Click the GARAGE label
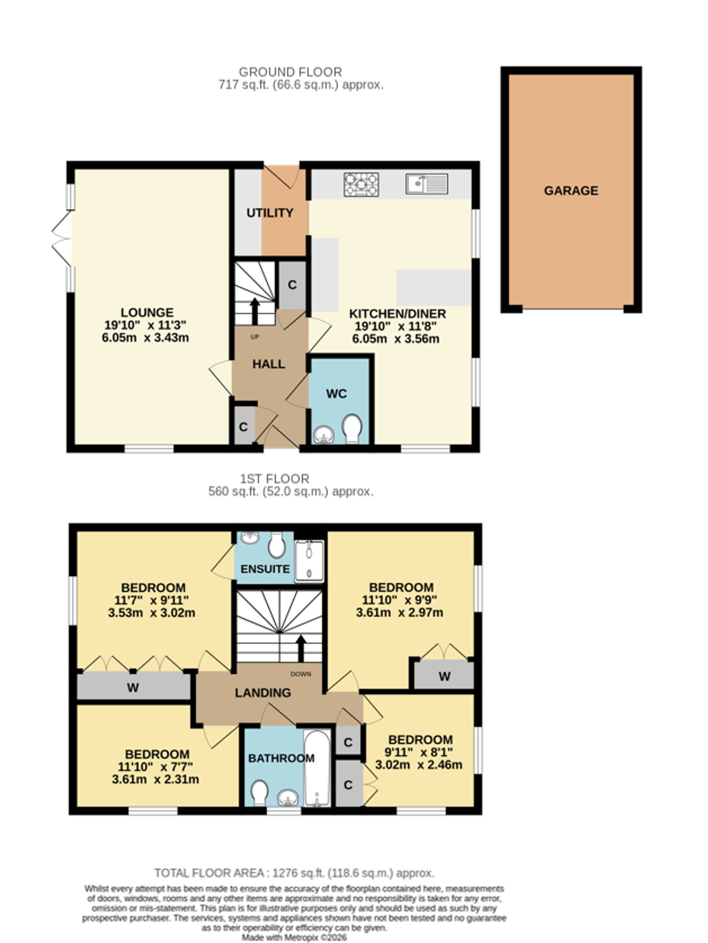[x=571, y=191]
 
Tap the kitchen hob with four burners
[x=361, y=184]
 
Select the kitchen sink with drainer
[x=427, y=184]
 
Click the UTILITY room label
[x=270, y=213]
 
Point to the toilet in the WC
[x=352, y=429]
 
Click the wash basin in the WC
[x=324, y=435]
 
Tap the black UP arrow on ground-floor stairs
[x=255, y=312]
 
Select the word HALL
[x=269, y=364]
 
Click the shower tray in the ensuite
[x=309, y=561]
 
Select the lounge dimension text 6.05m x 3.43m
[x=145, y=338]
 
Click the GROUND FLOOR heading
[x=290, y=72]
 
